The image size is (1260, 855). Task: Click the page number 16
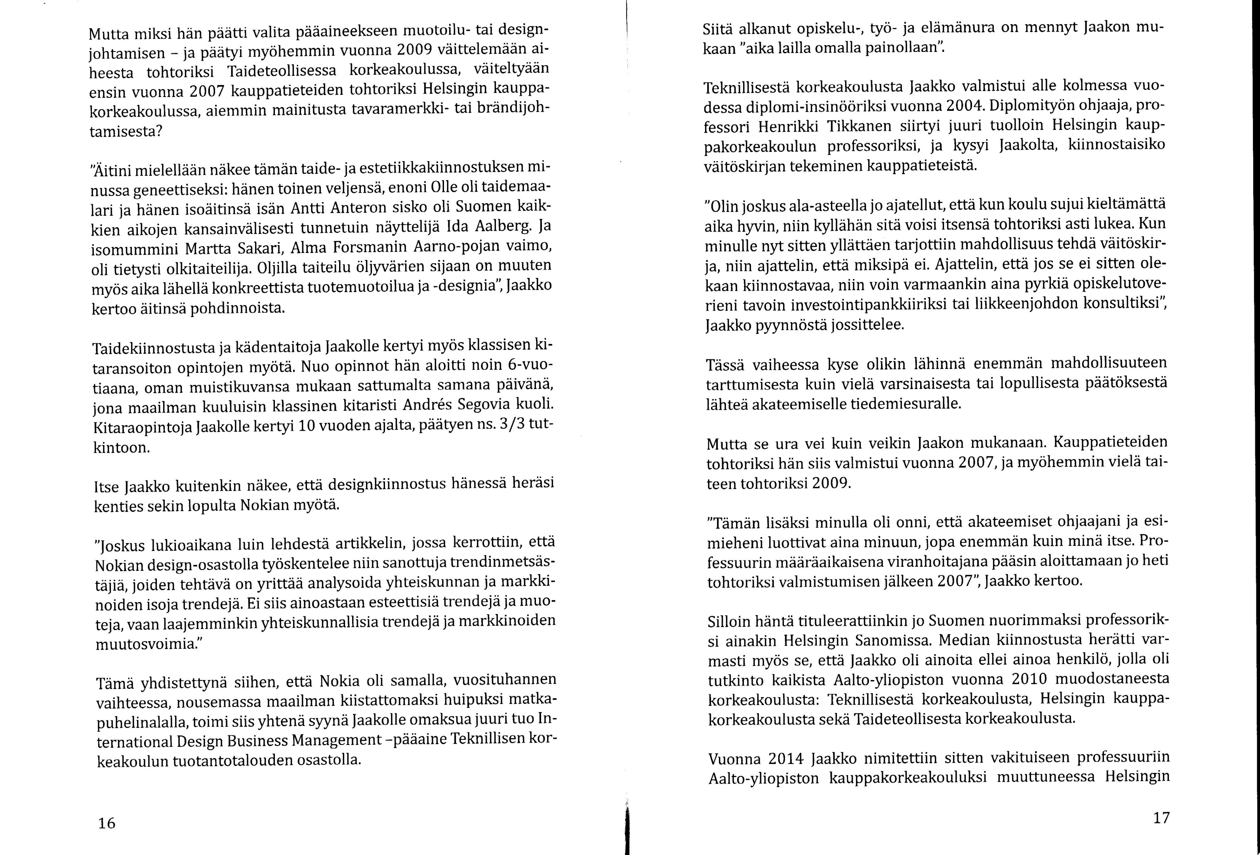click(107, 823)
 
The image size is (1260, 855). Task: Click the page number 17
click(1161, 818)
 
